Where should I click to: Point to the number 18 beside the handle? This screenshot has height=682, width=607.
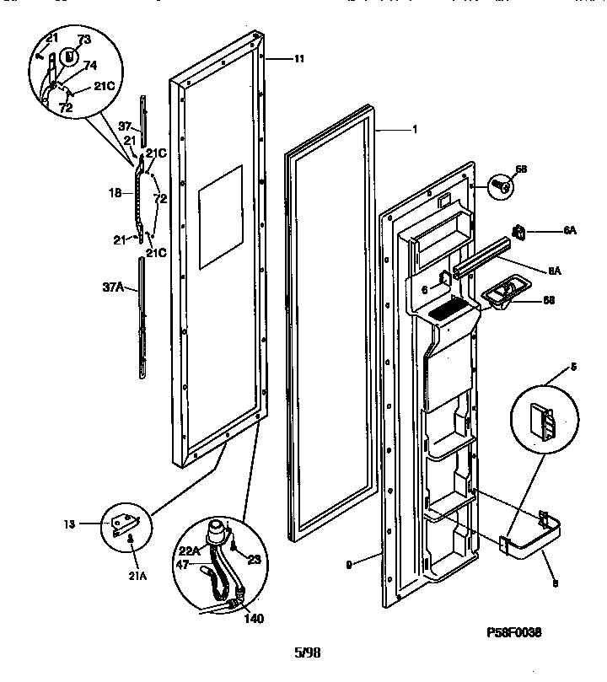point(115,193)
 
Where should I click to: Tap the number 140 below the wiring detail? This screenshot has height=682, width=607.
point(253,618)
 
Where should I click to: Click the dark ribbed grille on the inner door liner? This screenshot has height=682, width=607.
point(447,313)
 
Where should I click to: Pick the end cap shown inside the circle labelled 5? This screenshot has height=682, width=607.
point(542,422)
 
